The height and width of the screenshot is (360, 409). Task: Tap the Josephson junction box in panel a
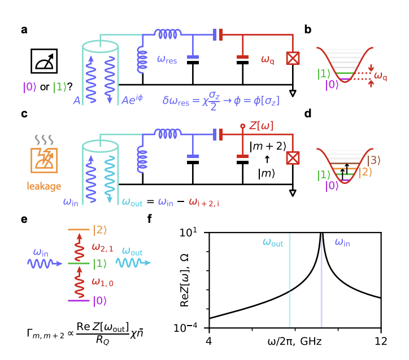coord(293,58)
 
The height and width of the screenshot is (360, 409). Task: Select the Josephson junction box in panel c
coord(293,158)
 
